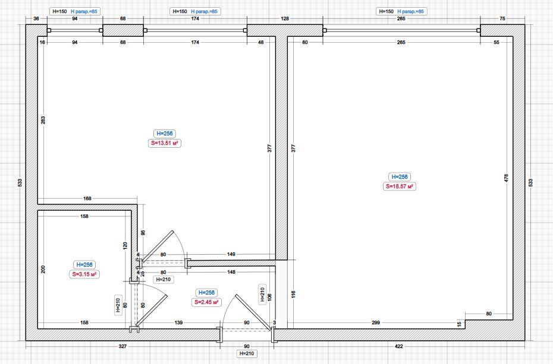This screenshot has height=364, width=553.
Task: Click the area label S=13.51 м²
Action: [164, 143]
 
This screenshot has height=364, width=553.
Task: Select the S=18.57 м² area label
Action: [399, 186]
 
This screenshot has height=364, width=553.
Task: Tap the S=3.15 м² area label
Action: [84, 274]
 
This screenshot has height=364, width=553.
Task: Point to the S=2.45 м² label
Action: [206, 302]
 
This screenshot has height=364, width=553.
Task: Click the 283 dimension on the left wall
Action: [43, 120]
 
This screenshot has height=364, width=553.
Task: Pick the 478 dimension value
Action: [507, 178]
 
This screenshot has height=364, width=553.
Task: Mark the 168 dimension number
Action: [87, 198]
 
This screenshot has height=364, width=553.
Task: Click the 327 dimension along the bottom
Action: [122, 346]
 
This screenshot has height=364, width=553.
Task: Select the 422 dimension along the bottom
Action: [398, 346]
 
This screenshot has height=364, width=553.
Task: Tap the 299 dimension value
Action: [376, 322]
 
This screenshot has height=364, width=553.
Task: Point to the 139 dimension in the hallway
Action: [178, 322]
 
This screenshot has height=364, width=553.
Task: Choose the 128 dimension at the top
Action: [285, 18]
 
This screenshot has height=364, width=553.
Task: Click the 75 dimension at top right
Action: [502, 18]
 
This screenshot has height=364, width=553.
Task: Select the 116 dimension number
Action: [293, 295]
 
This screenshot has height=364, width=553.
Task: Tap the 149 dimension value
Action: [231, 254]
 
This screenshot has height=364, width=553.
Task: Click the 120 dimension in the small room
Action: [125, 246]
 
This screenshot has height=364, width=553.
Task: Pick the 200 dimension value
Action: [43, 270]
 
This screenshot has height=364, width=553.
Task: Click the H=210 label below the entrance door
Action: [247, 353]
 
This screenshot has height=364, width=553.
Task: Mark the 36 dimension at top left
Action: [36, 18]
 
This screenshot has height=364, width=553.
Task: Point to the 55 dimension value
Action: [497, 42]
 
